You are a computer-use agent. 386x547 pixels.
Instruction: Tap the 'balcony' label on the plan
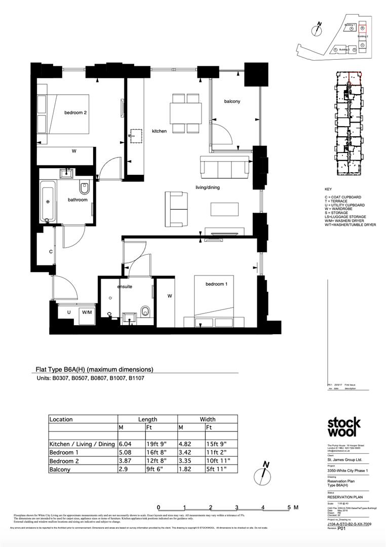click(x=232, y=101)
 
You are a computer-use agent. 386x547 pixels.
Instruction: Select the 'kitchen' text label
click(x=159, y=131)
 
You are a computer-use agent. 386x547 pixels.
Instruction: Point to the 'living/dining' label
click(x=208, y=187)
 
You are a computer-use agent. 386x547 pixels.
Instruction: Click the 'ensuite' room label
click(x=125, y=287)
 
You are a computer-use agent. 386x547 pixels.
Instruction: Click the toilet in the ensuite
click(x=146, y=310)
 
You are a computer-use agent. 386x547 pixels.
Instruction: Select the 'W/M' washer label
click(x=87, y=312)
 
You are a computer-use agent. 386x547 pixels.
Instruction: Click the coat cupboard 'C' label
click(x=51, y=252)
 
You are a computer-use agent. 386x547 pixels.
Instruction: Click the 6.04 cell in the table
click(x=125, y=444)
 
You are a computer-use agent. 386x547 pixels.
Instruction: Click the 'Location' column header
click(x=61, y=419)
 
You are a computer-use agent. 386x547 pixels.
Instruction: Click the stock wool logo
click(x=343, y=427)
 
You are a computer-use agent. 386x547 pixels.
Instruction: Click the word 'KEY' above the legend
click(x=328, y=189)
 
